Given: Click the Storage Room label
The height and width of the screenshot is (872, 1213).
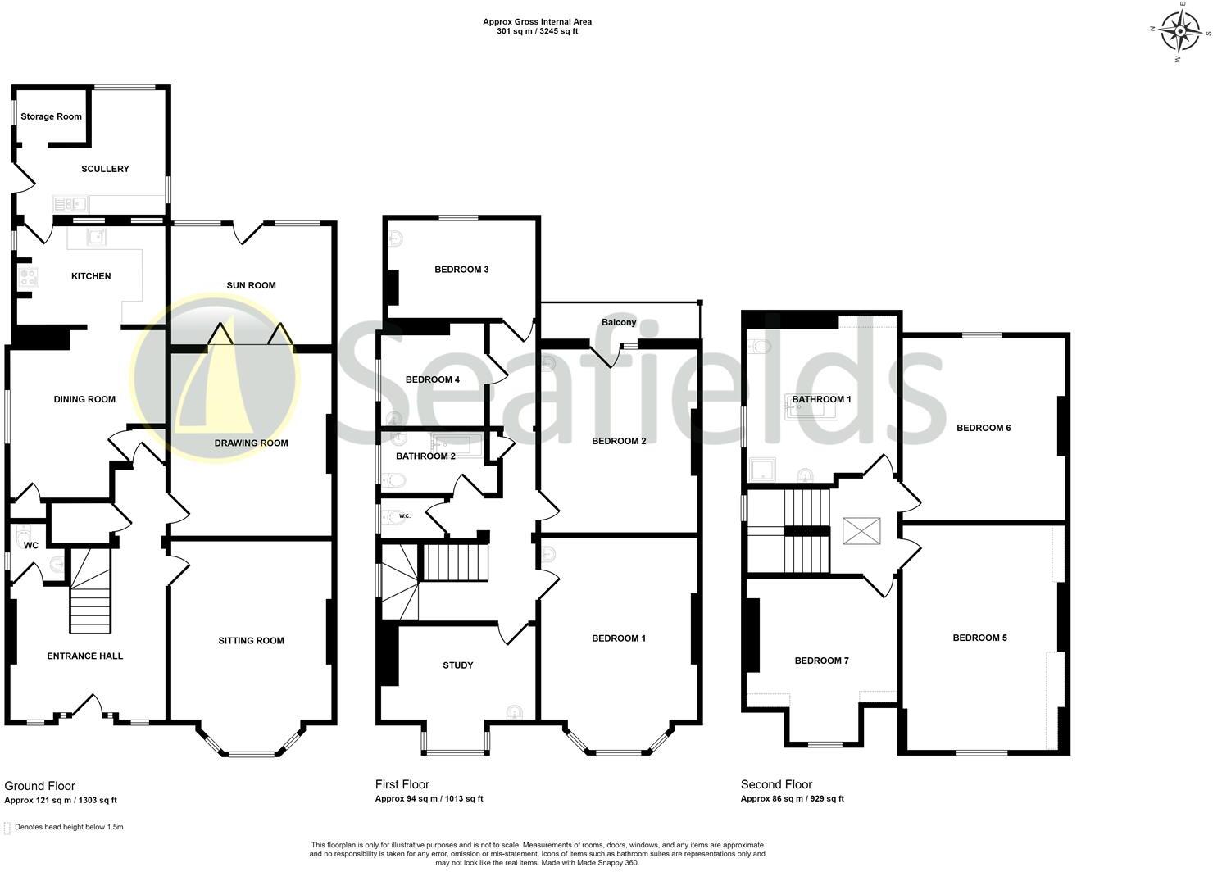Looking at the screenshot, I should point(51,116).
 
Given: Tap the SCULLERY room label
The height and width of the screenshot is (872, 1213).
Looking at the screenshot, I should point(105,169).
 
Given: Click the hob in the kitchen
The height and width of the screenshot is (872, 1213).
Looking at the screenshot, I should point(26,277).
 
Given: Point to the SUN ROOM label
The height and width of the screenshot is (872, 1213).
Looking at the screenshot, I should point(251,286).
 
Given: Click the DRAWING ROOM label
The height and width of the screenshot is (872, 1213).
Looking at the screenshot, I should point(251,443).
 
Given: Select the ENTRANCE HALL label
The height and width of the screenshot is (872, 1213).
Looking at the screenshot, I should point(85,656).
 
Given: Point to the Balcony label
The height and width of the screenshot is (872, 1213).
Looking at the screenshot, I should point(619,323).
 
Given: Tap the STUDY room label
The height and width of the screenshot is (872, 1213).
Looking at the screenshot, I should point(457,665).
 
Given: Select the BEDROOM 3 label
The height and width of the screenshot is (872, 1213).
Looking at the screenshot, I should point(461,270).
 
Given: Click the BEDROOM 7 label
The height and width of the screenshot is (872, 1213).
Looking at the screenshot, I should point(821,661).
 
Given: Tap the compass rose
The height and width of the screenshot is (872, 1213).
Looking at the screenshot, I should point(1181,34).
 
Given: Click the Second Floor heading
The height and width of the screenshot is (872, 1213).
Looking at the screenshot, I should point(776,784).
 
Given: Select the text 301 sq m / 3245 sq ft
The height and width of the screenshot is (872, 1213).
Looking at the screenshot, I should point(538,32).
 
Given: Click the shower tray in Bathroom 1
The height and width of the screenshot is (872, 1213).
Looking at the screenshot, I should point(763,470).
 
